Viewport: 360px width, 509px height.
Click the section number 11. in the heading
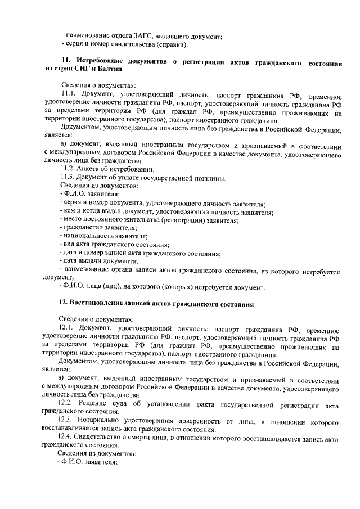click(x=66, y=61)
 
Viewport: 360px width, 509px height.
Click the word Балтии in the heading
click(x=107, y=69)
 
